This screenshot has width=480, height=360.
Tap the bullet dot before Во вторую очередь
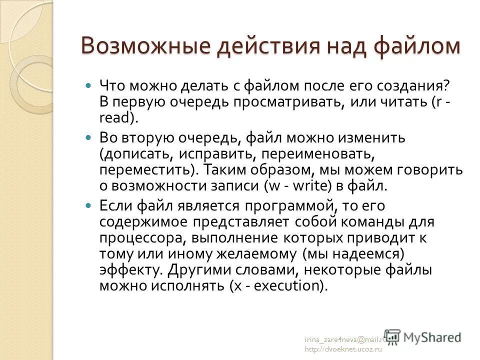click(x=89, y=136)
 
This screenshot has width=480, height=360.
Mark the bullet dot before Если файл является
click(x=89, y=205)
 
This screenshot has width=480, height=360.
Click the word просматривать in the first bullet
click(x=276, y=102)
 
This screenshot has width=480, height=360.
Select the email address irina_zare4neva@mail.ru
click(x=345, y=340)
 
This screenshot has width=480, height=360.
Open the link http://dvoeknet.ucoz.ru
click(x=343, y=350)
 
